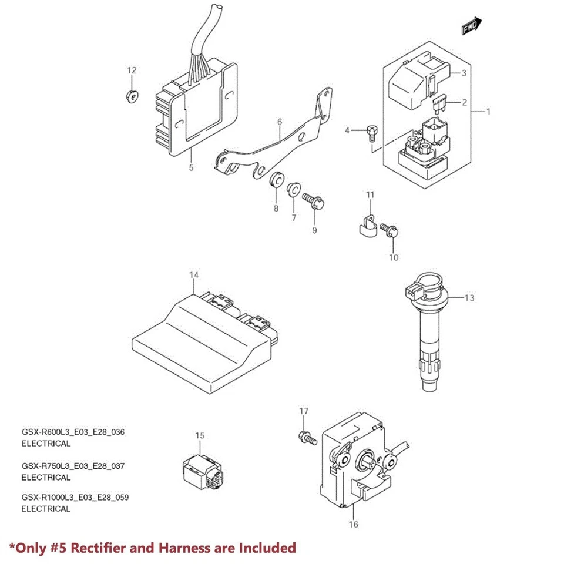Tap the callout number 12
click(132, 70)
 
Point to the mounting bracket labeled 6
click(276, 147)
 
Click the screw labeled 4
click(371, 132)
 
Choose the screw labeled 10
click(389, 230)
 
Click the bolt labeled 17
click(307, 437)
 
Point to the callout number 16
click(354, 524)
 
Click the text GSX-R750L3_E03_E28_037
click(73, 466)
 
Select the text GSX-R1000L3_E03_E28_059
click(75, 498)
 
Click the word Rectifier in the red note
click(96, 548)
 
